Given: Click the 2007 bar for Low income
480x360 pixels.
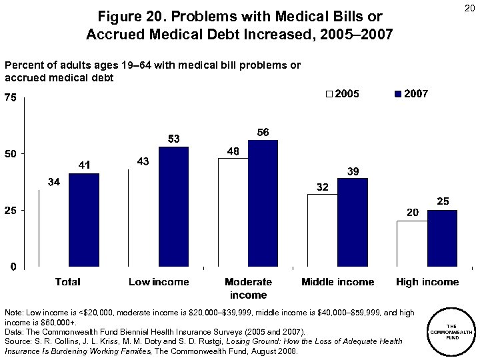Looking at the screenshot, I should point(173,207).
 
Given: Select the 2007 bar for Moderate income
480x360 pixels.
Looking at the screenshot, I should point(263,203).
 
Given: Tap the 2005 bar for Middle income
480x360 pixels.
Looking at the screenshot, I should point(322,231).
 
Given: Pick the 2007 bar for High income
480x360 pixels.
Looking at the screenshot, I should point(442,239).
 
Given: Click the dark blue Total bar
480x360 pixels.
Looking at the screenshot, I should point(83,220).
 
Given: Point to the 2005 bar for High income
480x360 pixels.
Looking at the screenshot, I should point(412,244).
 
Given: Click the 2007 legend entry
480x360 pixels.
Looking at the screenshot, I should point(412,94).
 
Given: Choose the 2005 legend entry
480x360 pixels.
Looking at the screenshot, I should point(342,94).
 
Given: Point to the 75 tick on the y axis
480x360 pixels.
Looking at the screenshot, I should point(11,98).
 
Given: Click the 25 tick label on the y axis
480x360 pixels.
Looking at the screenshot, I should point(11,211).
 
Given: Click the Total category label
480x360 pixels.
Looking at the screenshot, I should point(68,282).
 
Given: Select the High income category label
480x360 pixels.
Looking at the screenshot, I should point(427,282).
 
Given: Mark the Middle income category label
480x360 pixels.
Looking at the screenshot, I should point(337,282).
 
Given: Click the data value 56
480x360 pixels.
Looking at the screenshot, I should point(263,133).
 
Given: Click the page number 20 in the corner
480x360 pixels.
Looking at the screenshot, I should point(466,9).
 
